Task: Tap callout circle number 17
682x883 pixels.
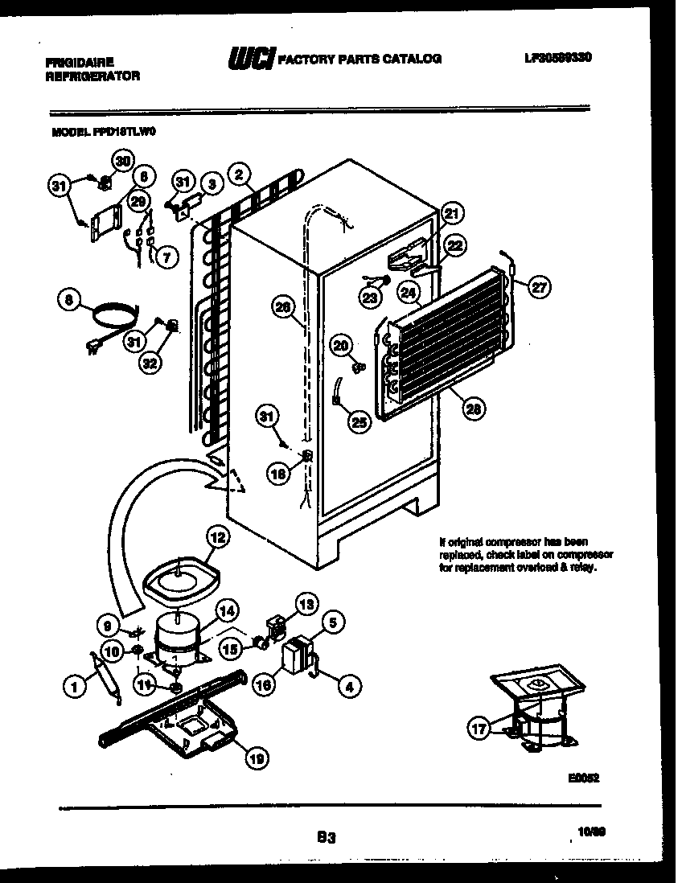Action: [480, 729]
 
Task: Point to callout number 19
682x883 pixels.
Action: [257, 756]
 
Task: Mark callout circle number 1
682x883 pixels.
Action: [74, 686]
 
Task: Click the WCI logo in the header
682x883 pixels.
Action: [249, 58]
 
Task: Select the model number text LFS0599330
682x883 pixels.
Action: [557, 58]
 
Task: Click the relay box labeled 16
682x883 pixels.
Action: [296, 658]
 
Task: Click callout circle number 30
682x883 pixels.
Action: [121, 161]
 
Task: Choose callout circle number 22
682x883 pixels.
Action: [454, 247]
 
